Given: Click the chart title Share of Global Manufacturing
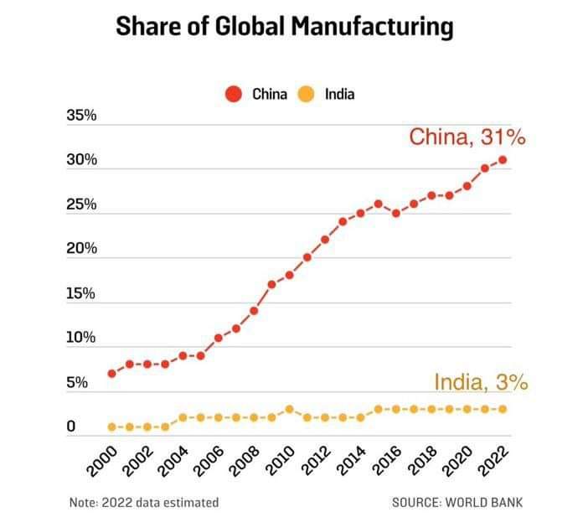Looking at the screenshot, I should (284, 28).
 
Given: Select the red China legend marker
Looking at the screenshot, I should (235, 95).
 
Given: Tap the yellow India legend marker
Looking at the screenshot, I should (307, 95).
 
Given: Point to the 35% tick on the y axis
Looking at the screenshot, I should (81, 116).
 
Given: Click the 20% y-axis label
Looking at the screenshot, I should (81, 249).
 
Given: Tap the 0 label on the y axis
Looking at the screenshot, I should (71, 427).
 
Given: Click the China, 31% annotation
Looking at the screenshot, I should (467, 137).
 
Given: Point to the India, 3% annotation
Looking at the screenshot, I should (480, 383).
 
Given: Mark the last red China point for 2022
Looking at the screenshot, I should (502, 159).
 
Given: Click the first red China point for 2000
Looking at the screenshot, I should (111, 373).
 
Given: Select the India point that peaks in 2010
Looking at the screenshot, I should (289, 409).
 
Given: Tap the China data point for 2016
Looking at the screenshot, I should (396, 213).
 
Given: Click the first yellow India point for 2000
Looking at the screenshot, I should (111, 427).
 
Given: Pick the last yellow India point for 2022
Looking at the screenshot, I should (502, 409).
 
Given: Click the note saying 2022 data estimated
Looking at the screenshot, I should (144, 503).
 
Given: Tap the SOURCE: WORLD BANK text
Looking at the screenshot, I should (456, 503).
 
